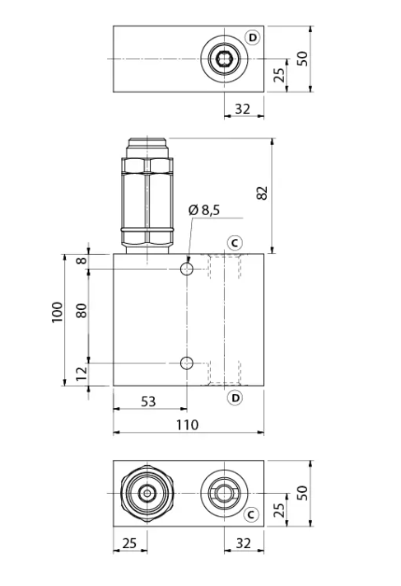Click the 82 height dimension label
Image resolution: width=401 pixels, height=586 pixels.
pyautogui.click(x=263, y=193)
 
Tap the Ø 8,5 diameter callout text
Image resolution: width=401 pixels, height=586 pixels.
pyautogui.click(x=204, y=210)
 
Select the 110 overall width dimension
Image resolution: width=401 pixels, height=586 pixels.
pyautogui.click(x=187, y=425)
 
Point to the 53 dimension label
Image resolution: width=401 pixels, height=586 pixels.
pyautogui.click(x=148, y=401)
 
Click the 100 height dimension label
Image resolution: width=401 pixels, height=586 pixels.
pyautogui.click(x=57, y=312)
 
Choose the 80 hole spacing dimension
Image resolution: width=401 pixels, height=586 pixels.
pyautogui.click(x=81, y=311)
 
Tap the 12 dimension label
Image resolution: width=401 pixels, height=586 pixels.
pyautogui.click(x=81, y=373)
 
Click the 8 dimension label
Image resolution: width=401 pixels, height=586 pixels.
pyautogui.click(x=81, y=260)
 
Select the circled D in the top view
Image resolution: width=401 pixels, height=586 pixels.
pyautogui.click(x=253, y=38)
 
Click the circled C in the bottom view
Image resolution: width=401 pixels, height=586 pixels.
pyautogui.click(x=251, y=514)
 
